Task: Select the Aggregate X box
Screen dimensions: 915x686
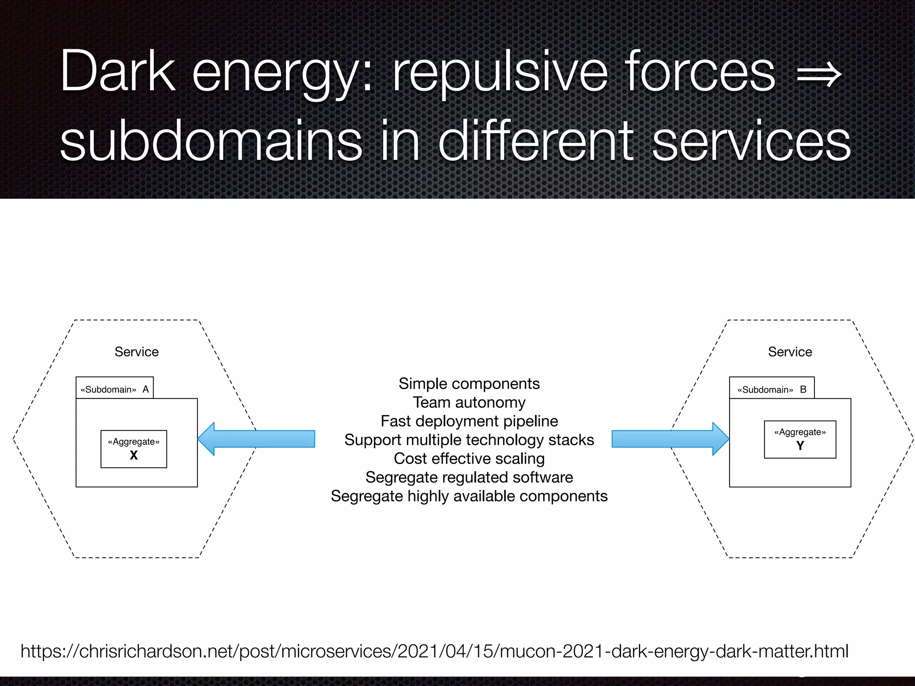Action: pos(134,449)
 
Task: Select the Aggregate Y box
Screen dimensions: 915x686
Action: pos(800,439)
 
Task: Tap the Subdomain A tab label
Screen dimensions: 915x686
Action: pos(114,389)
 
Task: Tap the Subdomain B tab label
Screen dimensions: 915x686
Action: pos(772,389)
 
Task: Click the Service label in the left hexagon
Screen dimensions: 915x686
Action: pos(136,352)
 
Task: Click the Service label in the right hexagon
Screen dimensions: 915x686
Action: pos(790,352)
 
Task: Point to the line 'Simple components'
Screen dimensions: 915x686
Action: pos(469,384)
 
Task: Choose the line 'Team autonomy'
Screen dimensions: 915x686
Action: pos(469,402)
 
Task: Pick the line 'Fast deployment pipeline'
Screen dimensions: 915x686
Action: pos(469,421)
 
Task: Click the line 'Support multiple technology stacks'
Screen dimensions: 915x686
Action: pos(469,440)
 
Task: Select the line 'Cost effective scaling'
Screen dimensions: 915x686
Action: pos(469,459)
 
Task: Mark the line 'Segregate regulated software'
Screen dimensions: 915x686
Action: pos(469,477)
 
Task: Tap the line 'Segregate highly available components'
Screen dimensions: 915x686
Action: pos(469,496)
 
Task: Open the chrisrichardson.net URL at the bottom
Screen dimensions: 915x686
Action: pos(434,651)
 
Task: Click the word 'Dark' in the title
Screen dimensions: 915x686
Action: pos(118,71)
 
